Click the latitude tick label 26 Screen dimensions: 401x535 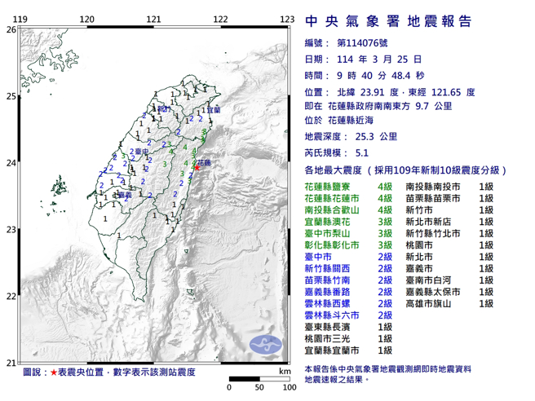pyautogui.click(x=10, y=29)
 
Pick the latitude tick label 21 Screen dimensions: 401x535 pyautogui.click(x=10, y=363)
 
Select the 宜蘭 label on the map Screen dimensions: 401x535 pyautogui.click(x=213, y=109)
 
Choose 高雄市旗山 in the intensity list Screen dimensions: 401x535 pyautogui.click(x=433, y=302)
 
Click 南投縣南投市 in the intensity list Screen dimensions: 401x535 pyautogui.click(x=433, y=187)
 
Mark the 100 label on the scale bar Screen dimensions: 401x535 pyautogui.click(x=288, y=387)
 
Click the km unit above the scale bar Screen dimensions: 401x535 pyautogui.click(x=283, y=371)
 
